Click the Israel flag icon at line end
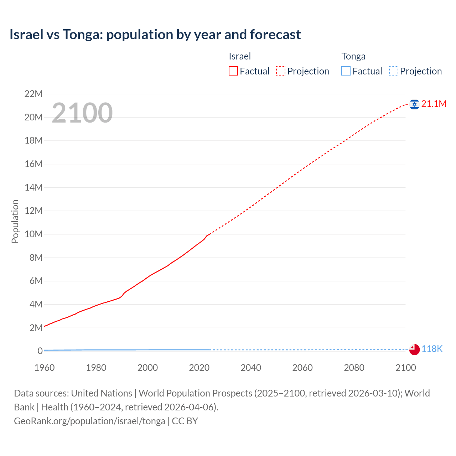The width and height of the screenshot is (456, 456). (414, 104)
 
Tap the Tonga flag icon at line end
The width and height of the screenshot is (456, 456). (414, 349)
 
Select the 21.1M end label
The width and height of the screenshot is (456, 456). (434, 104)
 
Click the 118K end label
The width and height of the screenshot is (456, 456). (432, 349)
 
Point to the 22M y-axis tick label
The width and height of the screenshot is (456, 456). (33, 94)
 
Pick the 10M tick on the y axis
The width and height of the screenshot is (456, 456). (33, 234)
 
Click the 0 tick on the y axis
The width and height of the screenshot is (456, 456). (40, 351)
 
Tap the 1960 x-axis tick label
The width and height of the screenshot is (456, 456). (45, 368)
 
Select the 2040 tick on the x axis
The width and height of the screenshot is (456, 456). (251, 368)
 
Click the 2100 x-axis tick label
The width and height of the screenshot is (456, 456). (405, 368)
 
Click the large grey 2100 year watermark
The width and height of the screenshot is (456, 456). (82, 113)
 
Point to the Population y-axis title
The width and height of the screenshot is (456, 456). (15, 221)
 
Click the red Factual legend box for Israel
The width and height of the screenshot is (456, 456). (233, 71)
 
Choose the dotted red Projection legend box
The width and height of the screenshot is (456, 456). (281, 71)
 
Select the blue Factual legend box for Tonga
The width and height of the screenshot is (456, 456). (346, 71)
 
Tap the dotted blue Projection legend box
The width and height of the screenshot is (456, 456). (394, 71)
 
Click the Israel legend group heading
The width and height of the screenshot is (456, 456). (240, 56)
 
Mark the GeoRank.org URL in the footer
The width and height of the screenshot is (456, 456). (89, 421)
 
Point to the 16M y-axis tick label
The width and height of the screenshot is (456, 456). (33, 164)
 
